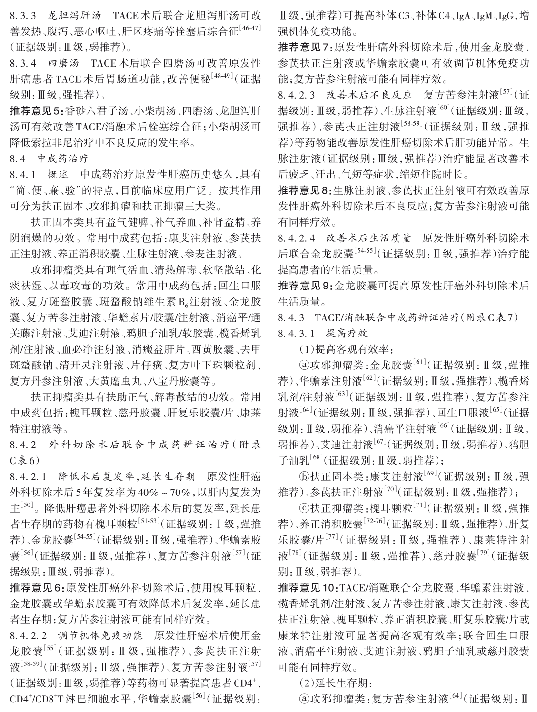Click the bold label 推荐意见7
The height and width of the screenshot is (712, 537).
305,48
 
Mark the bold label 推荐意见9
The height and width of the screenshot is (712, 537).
305,286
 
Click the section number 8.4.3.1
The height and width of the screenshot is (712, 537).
297,333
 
